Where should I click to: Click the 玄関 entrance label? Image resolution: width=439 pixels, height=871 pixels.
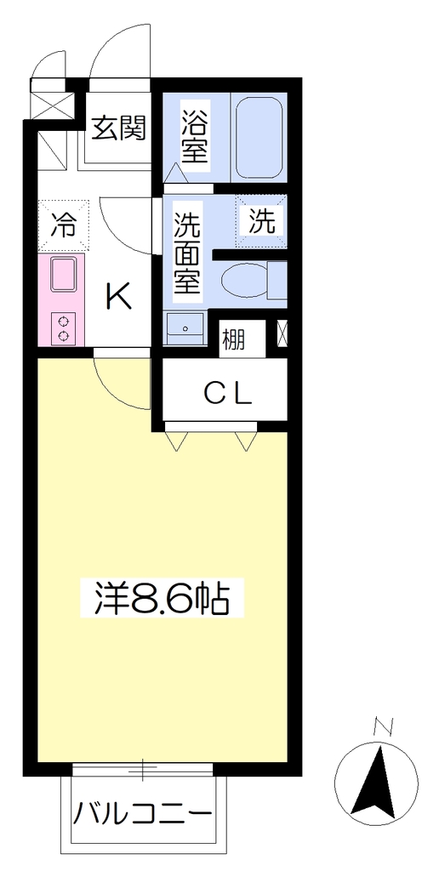(x=118, y=128)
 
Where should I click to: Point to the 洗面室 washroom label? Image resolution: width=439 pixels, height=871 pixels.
(x=187, y=253)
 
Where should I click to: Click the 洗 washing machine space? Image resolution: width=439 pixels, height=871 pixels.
(x=262, y=221)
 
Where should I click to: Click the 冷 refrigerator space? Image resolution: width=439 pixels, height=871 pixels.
(x=63, y=225)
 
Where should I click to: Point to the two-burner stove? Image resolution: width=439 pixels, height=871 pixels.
(x=63, y=327)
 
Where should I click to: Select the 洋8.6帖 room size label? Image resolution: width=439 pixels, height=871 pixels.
(x=162, y=597)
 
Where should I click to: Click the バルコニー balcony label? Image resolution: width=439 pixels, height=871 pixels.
(x=143, y=815)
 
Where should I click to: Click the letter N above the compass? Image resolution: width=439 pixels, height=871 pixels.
(x=383, y=727)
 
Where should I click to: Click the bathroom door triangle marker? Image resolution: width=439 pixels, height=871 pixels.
(x=176, y=172)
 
